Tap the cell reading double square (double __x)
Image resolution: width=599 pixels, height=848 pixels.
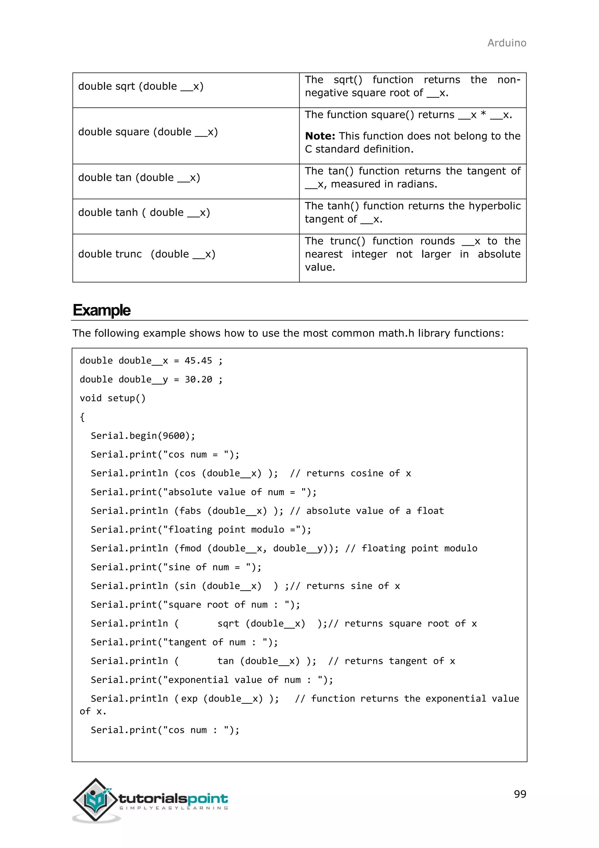tap(148, 132)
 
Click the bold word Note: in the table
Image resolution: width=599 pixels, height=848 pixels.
tap(320, 136)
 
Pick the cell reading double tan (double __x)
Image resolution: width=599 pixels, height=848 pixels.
tap(139, 178)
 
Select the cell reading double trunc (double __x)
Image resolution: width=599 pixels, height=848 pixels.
tap(147, 254)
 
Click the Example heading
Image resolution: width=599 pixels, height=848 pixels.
tap(101, 310)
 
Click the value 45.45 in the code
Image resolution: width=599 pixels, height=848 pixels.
tap(198, 360)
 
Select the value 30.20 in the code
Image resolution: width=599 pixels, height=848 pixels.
tap(198, 379)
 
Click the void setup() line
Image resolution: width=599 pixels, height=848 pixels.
tap(113, 398)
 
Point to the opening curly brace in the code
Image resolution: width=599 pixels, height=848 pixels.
tap(82, 417)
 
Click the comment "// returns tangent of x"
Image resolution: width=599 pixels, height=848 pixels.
tap(391, 661)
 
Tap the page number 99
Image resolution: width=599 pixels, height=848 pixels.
tap(520, 794)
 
